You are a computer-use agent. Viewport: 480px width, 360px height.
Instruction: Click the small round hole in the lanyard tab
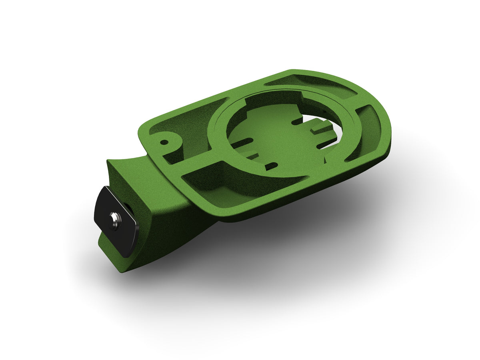tap(164, 142)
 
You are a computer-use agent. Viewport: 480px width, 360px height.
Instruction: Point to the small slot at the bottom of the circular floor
tap(272, 165)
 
